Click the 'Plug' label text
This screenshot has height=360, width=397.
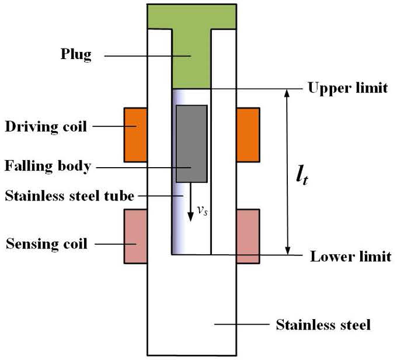pyautogui.click(x=76, y=56)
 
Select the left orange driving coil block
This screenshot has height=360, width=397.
pyautogui.click(x=135, y=134)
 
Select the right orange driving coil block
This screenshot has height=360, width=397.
pyautogui.click(x=248, y=134)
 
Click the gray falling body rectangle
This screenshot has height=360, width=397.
pyautogui.click(x=192, y=144)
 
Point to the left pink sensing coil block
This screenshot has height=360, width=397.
pyautogui.click(x=135, y=236)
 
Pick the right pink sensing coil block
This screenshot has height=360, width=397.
pyautogui.click(x=248, y=236)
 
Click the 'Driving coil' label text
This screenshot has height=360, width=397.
pyautogui.click(x=46, y=126)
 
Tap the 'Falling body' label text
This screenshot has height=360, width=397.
pyautogui.click(x=48, y=166)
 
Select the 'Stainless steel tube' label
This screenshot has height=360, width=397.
pyautogui.click(x=69, y=196)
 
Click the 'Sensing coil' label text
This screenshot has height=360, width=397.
pyautogui.click(x=46, y=243)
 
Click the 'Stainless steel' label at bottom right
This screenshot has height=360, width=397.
pyautogui.click(x=323, y=324)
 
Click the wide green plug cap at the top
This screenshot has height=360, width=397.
pyautogui.click(x=191, y=16)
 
